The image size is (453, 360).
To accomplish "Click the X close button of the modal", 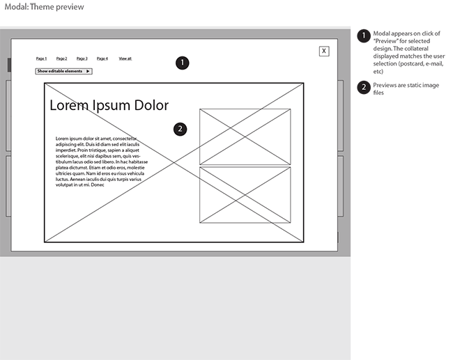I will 324,51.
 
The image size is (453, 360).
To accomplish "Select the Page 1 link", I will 42,58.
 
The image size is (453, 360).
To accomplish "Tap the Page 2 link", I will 62,58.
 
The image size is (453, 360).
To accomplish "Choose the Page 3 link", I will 82,58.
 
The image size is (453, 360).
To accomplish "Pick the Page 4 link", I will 102,58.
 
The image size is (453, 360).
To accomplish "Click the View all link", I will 125,58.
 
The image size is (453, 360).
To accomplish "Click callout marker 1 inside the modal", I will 182,63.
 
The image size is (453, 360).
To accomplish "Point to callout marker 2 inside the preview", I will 181,129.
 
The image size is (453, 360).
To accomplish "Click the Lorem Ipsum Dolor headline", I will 109,105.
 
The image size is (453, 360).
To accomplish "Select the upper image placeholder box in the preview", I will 245,136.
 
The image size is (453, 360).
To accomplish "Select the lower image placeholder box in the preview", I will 245,195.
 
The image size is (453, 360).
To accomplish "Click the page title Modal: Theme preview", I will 44,7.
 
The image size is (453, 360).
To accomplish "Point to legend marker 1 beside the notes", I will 363,36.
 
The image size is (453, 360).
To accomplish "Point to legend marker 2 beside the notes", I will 363,87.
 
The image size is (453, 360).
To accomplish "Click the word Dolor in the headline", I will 149,105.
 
